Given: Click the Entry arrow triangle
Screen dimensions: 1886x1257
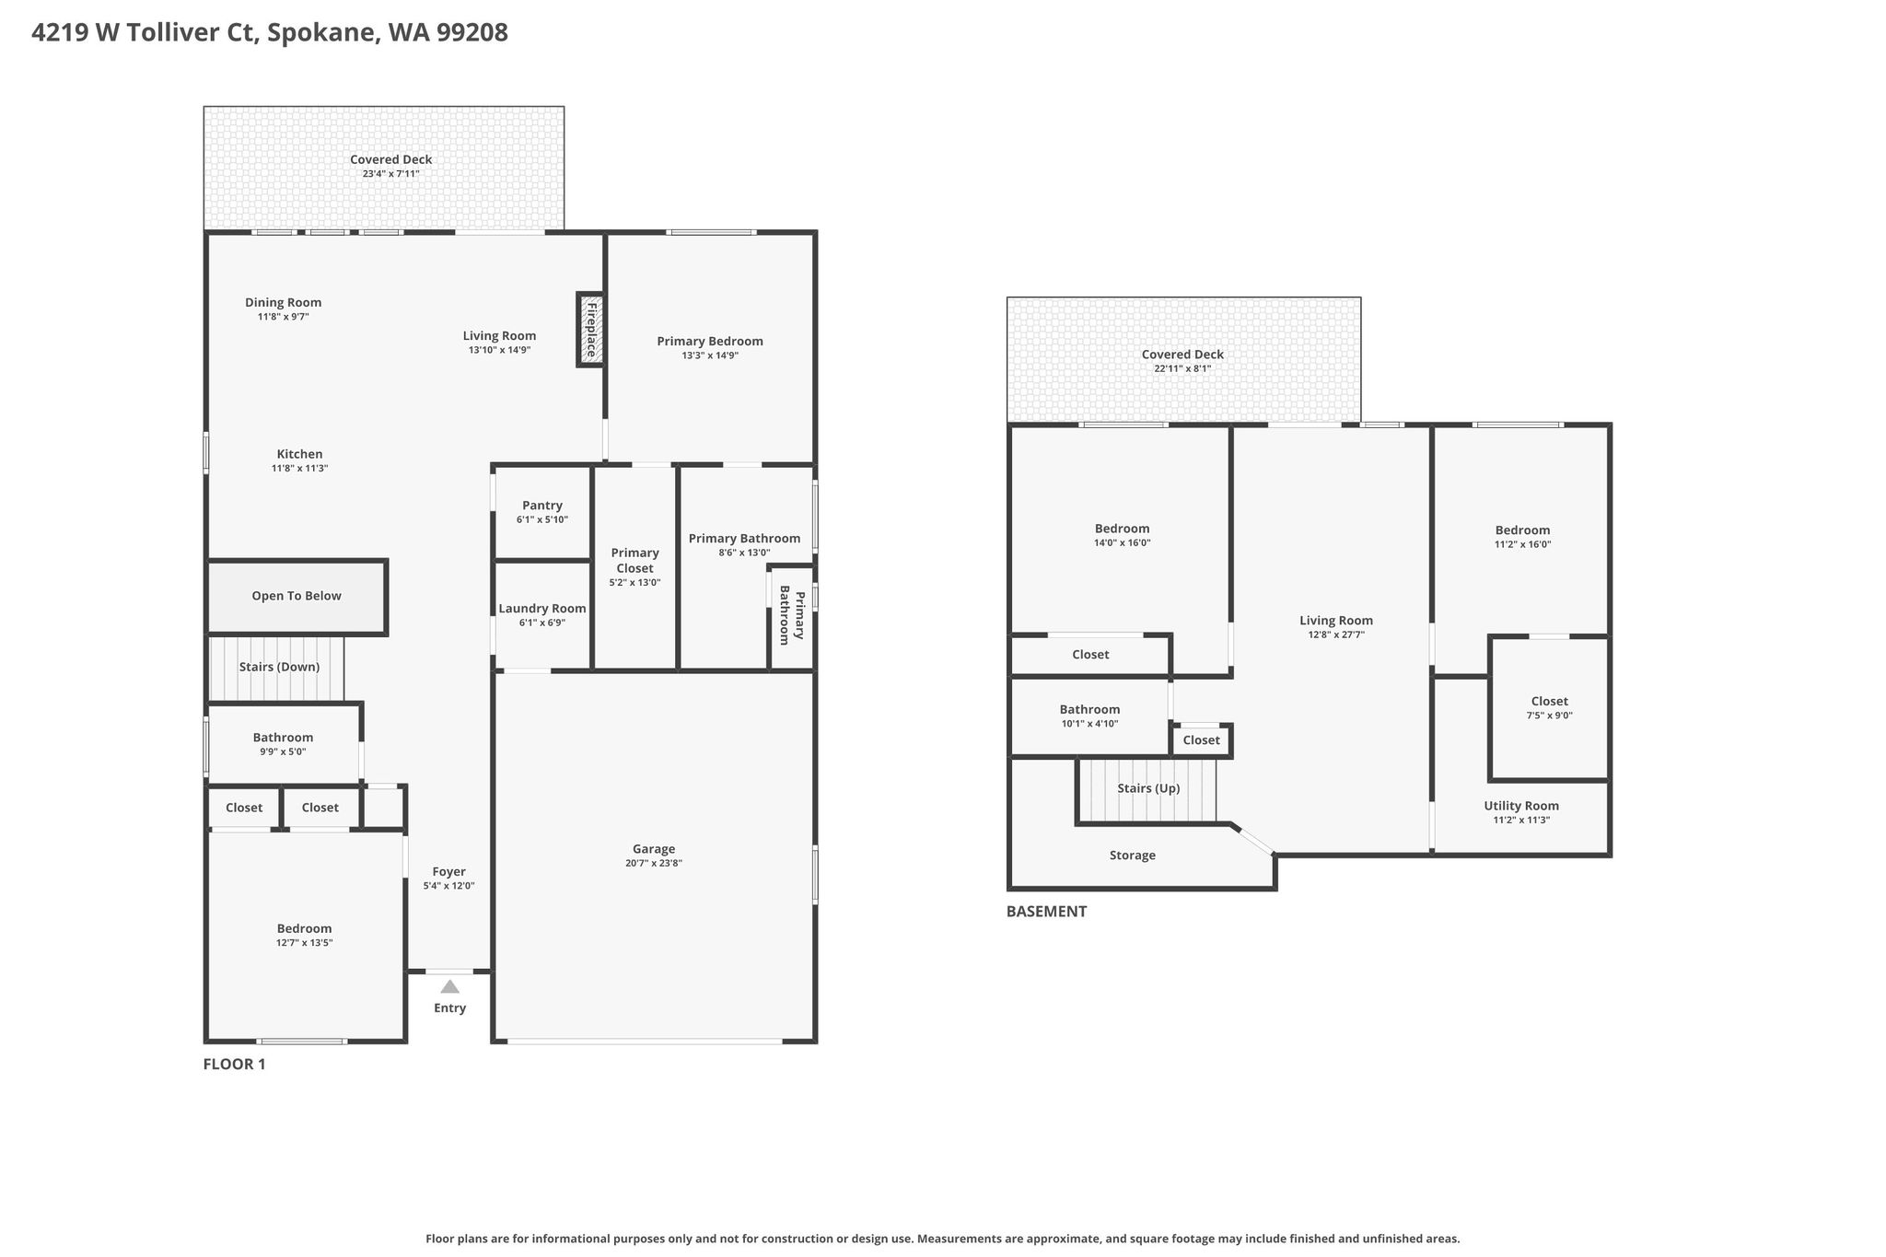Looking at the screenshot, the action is (449, 985).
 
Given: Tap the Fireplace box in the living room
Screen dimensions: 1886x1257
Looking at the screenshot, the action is (590, 329).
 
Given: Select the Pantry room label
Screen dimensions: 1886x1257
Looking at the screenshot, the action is (542, 506).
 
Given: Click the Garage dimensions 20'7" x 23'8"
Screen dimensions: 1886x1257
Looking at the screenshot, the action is (654, 864).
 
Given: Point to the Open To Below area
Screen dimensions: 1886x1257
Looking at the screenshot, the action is (297, 597).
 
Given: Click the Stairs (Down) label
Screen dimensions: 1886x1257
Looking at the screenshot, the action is (279, 667).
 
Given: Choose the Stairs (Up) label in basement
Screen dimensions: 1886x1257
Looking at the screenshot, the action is (1148, 788).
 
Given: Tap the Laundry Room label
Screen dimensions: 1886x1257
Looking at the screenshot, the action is (542, 609).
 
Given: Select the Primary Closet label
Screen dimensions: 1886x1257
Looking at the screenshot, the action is (635, 561).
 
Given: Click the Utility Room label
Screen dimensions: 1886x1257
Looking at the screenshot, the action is (1521, 806).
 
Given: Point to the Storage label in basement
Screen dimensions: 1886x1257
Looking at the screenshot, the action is (1133, 855).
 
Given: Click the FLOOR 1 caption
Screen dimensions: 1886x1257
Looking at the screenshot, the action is (234, 1065).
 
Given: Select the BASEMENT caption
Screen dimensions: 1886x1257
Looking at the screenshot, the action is (1046, 912).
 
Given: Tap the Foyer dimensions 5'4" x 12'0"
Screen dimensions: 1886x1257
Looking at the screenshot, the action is (449, 886).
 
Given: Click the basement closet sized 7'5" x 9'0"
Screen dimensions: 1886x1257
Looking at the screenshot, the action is (1550, 708).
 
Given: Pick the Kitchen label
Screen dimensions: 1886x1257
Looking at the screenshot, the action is (300, 454).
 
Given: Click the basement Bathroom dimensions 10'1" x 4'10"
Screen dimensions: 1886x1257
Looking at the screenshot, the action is (1089, 724).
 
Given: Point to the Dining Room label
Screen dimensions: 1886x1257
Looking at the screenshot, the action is (284, 303).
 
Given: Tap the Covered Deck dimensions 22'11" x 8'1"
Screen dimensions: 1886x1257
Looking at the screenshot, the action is (1182, 368).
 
